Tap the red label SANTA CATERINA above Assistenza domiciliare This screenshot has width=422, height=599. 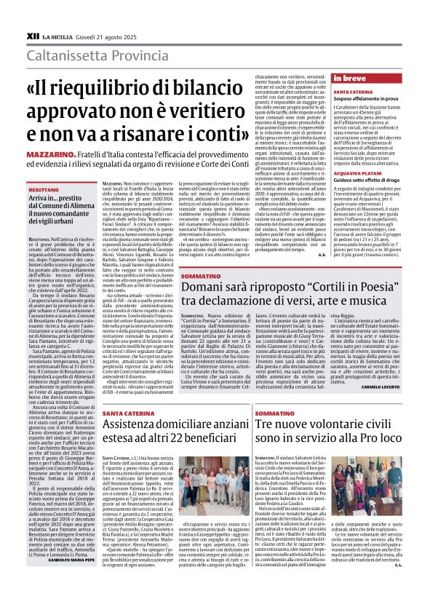(x=128, y=413)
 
